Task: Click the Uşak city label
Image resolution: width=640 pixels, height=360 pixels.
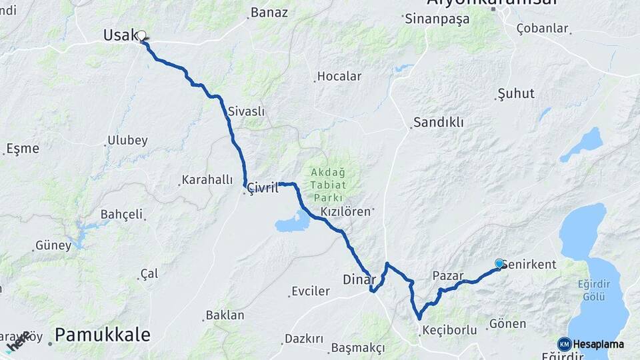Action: pos(121,35)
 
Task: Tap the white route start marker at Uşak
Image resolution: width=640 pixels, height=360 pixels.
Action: pos(141,35)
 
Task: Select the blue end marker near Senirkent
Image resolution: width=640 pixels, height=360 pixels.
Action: pos(499,263)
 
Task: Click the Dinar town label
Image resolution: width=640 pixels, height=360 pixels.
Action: pos(359,279)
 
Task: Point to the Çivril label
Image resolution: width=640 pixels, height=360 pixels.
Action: pos(263,188)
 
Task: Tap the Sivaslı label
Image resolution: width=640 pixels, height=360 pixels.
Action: pos(246,111)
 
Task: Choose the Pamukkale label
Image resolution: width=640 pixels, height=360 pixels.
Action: pos(102,335)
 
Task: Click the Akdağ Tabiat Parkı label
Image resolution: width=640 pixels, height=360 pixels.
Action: pos(327,185)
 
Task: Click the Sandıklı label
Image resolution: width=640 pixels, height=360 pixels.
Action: pos(438,123)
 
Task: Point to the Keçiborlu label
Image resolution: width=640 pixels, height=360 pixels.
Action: pos(449,330)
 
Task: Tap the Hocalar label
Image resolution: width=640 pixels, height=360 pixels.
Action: pos(339,77)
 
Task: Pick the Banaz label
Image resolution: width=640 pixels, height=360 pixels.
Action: pos(269,13)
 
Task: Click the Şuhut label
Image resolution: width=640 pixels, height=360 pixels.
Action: pos(516,93)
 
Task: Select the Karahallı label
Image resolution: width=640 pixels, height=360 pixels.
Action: pos(207,180)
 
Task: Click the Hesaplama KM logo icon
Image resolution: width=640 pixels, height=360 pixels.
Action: pos(564,344)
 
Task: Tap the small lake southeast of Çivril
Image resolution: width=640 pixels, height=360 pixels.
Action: pos(293,221)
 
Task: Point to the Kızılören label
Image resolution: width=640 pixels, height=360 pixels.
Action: pos(345,211)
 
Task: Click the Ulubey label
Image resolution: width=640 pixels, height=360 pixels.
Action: pos(127,141)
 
